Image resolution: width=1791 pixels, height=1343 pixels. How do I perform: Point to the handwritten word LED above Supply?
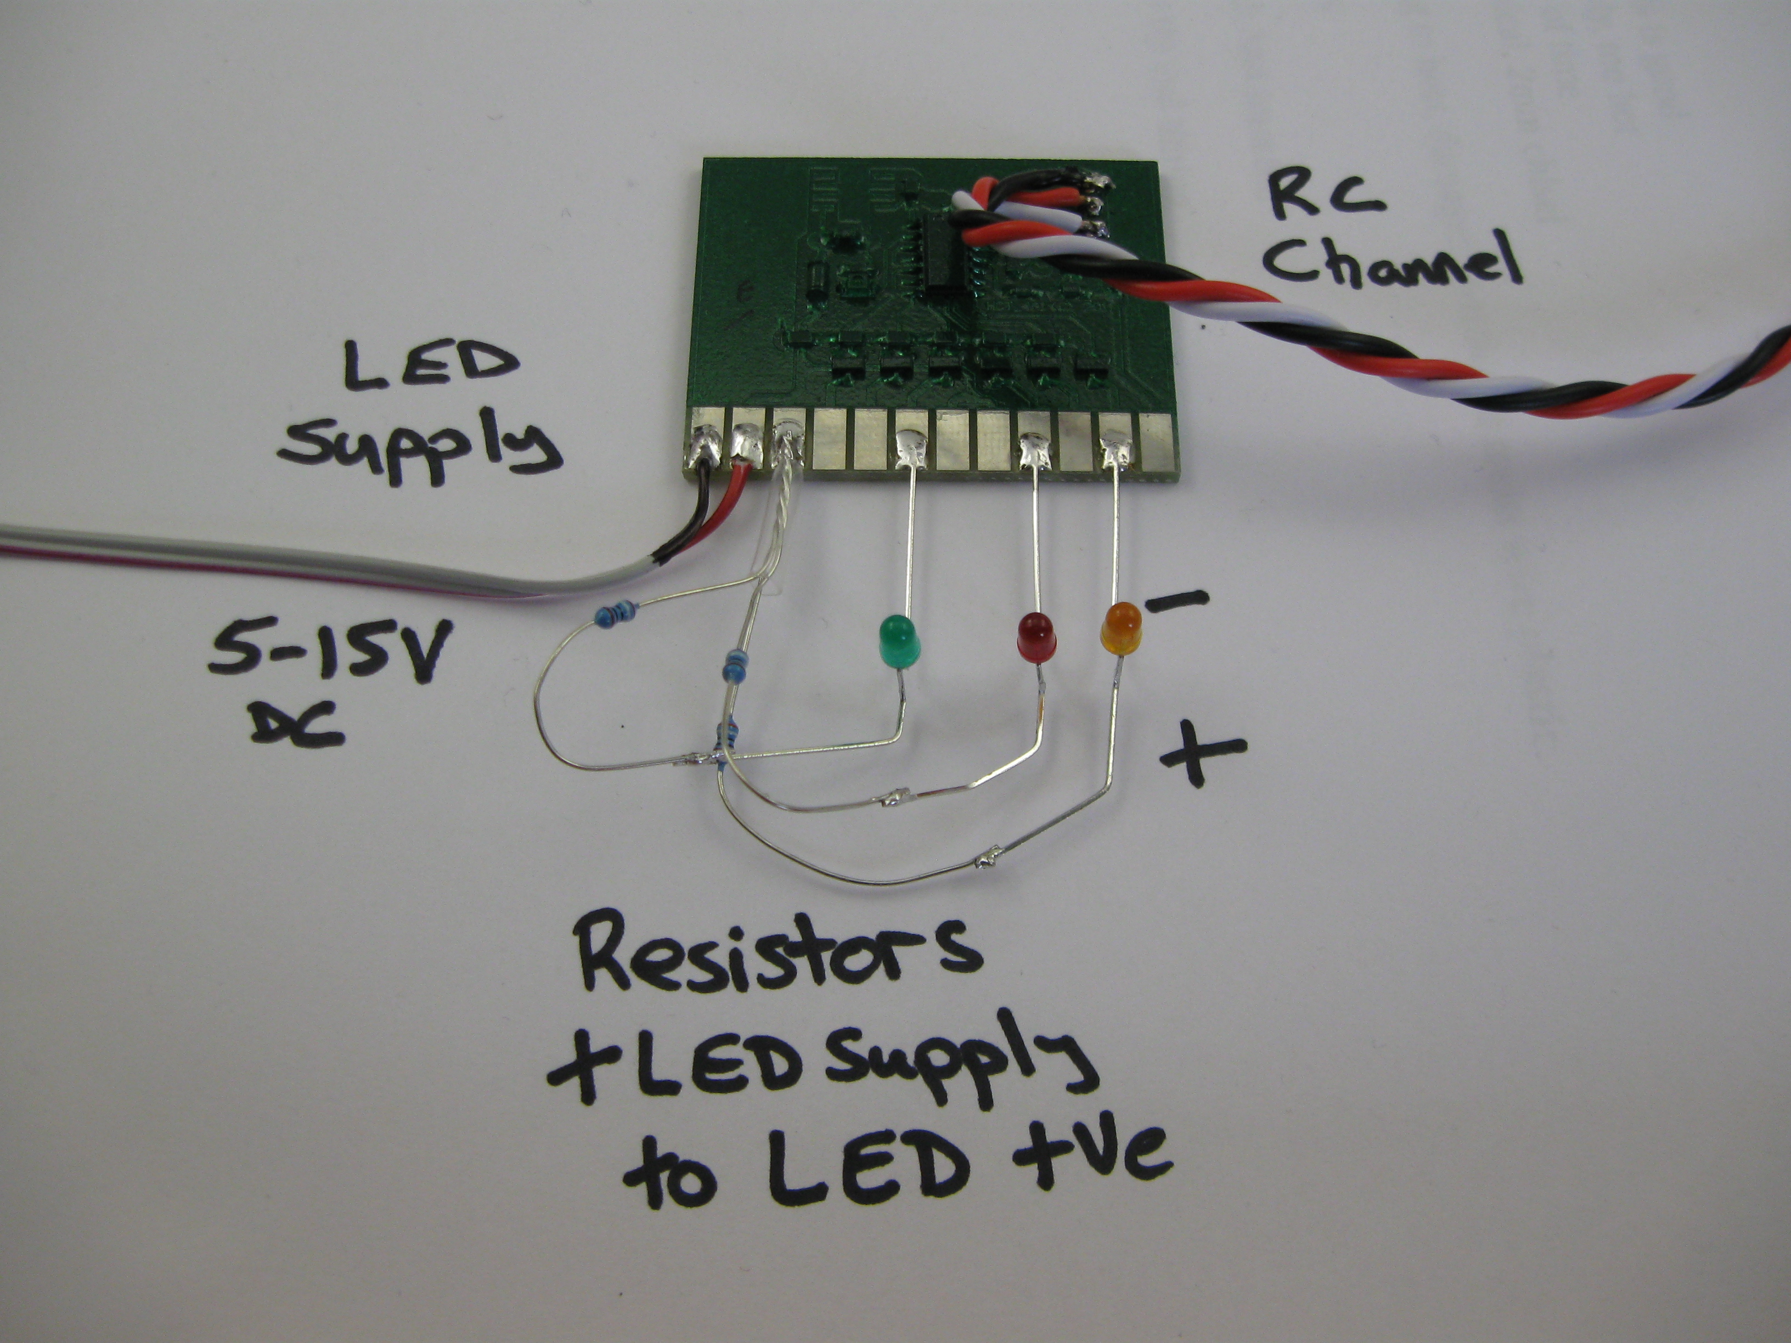coord(430,366)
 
